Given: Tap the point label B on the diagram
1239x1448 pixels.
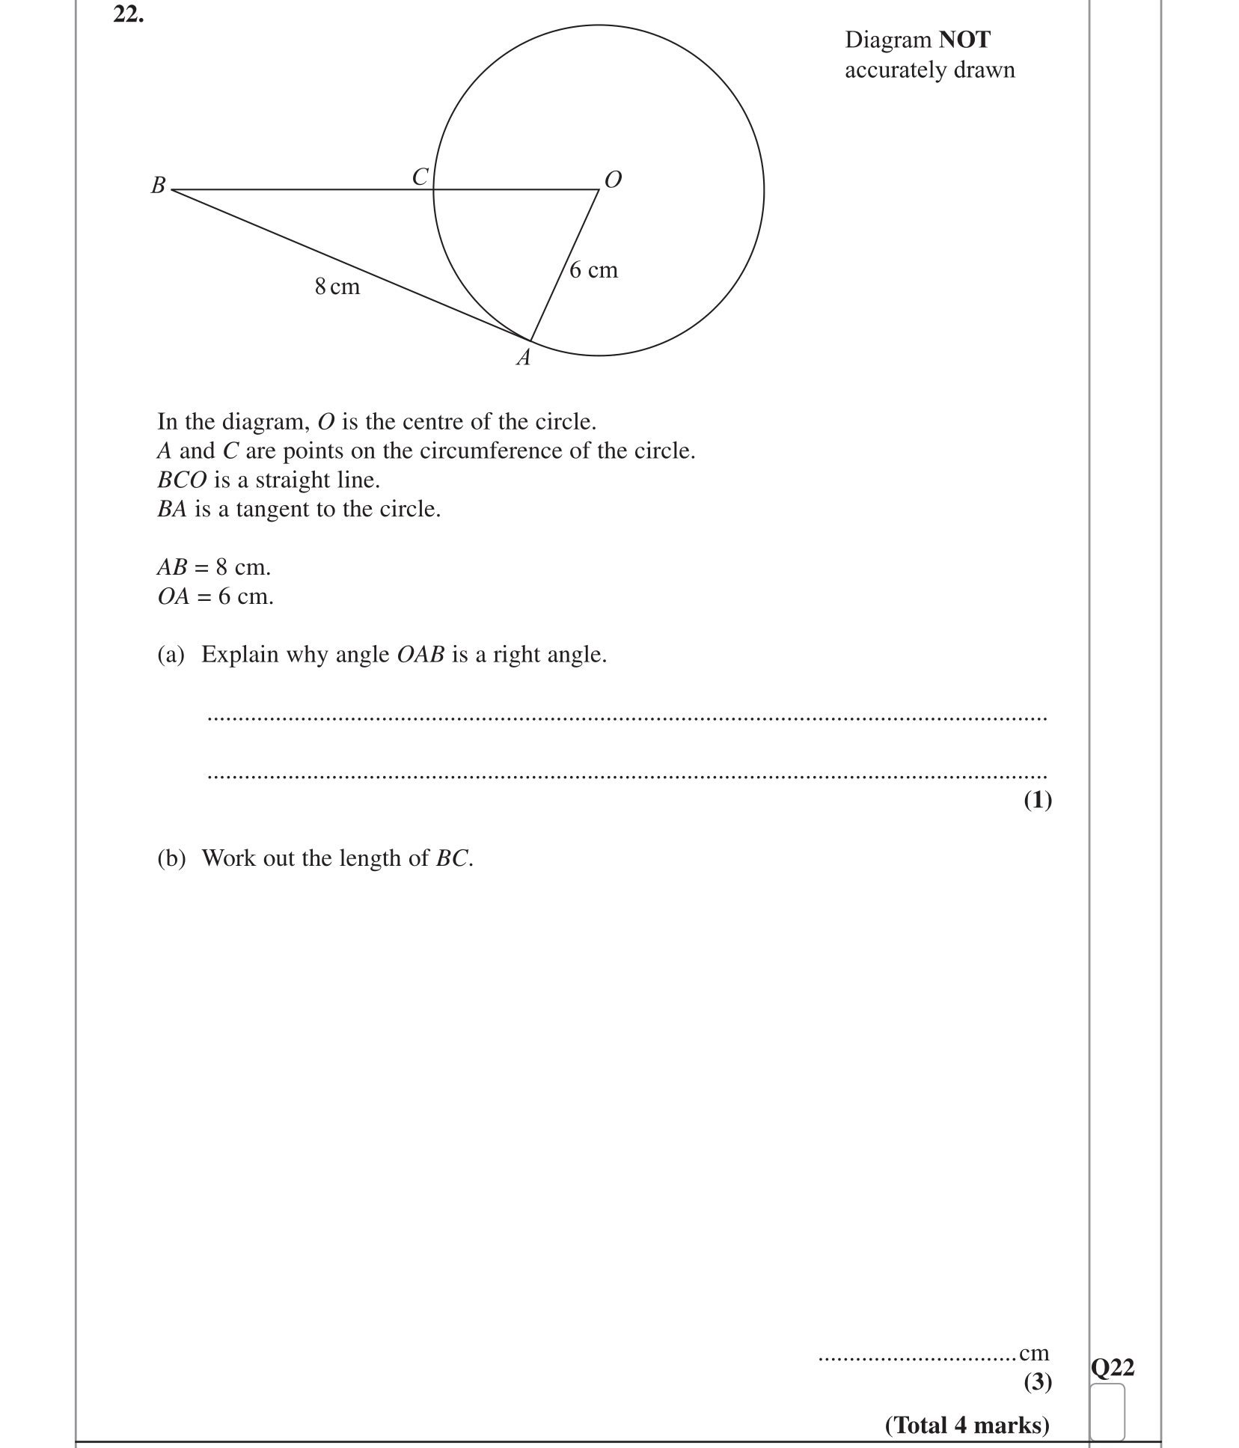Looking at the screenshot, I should (x=158, y=185).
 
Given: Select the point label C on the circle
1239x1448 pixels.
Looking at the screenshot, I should (x=420, y=177).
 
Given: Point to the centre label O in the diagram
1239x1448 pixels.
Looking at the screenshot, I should (x=613, y=180).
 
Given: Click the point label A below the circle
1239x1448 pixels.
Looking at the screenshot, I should (x=524, y=358).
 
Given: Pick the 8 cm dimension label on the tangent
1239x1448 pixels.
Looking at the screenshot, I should (x=337, y=287).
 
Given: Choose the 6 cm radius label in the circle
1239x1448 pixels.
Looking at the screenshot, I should (x=593, y=270).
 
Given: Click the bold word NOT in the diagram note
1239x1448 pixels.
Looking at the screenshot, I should (x=964, y=40).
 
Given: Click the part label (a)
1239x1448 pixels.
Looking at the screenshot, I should (x=171, y=655).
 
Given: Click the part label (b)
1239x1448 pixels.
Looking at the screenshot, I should (x=171, y=858).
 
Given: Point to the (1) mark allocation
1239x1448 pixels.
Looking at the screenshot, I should (x=1037, y=800).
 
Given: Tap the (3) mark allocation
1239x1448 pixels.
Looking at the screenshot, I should (x=1037, y=1381).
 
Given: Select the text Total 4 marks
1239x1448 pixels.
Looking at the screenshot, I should (x=967, y=1425).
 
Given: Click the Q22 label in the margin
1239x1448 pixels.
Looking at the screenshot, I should (x=1112, y=1368).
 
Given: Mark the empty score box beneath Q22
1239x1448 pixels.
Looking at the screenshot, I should (x=1107, y=1411).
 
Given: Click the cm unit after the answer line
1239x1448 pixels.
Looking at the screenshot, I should (x=1034, y=1353).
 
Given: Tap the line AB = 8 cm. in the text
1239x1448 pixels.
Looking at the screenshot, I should (x=214, y=567).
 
